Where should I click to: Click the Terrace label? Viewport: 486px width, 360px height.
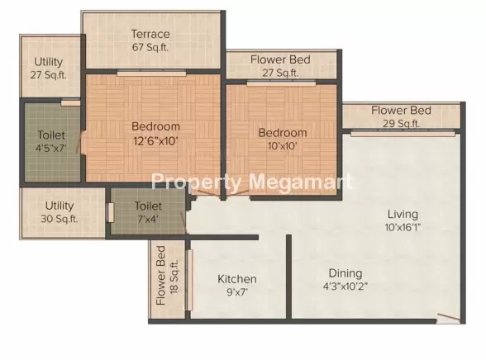click(150, 34)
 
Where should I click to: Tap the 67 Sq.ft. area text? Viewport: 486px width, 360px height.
click(150, 47)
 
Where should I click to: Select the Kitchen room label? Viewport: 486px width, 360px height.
click(237, 279)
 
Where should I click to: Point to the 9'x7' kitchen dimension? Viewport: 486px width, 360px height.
click(237, 292)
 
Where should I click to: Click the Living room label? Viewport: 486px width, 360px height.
click(403, 214)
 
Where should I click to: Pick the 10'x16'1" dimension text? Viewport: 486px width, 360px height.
click(403, 228)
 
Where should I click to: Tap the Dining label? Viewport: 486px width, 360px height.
click(345, 273)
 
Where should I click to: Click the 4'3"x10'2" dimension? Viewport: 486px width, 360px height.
click(345, 287)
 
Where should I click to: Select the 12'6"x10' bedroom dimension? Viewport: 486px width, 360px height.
click(155, 141)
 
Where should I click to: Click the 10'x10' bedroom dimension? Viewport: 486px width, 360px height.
click(283, 146)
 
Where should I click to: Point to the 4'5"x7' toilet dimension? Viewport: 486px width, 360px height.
click(51, 149)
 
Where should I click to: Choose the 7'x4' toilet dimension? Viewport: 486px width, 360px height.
click(148, 219)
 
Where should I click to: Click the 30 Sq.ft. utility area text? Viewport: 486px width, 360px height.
click(60, 219)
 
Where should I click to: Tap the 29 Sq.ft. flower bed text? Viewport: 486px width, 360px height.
click(401, 124)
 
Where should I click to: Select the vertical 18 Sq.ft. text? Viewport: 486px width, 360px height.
click(174, 277)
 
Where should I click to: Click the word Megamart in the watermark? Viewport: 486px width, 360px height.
click(301, 182)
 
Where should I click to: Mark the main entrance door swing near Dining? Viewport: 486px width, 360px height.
click(449, 317)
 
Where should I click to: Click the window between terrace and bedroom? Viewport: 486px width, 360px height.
click(151, 73)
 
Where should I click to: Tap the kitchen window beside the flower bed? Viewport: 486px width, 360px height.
click(189, 280)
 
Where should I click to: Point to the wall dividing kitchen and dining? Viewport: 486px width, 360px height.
click(288, 277)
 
